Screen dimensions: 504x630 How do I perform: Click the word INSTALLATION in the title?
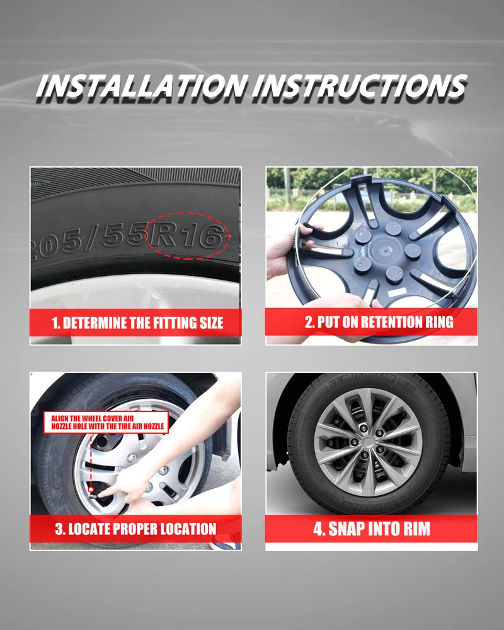(x=141, y=86)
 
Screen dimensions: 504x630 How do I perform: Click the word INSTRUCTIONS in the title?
(x=360, y=86)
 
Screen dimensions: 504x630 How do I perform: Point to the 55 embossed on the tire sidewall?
(x=124, y=237)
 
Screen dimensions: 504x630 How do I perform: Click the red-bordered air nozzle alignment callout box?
(x=106, y=422)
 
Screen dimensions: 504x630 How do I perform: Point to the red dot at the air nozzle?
(x=91, y=490)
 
